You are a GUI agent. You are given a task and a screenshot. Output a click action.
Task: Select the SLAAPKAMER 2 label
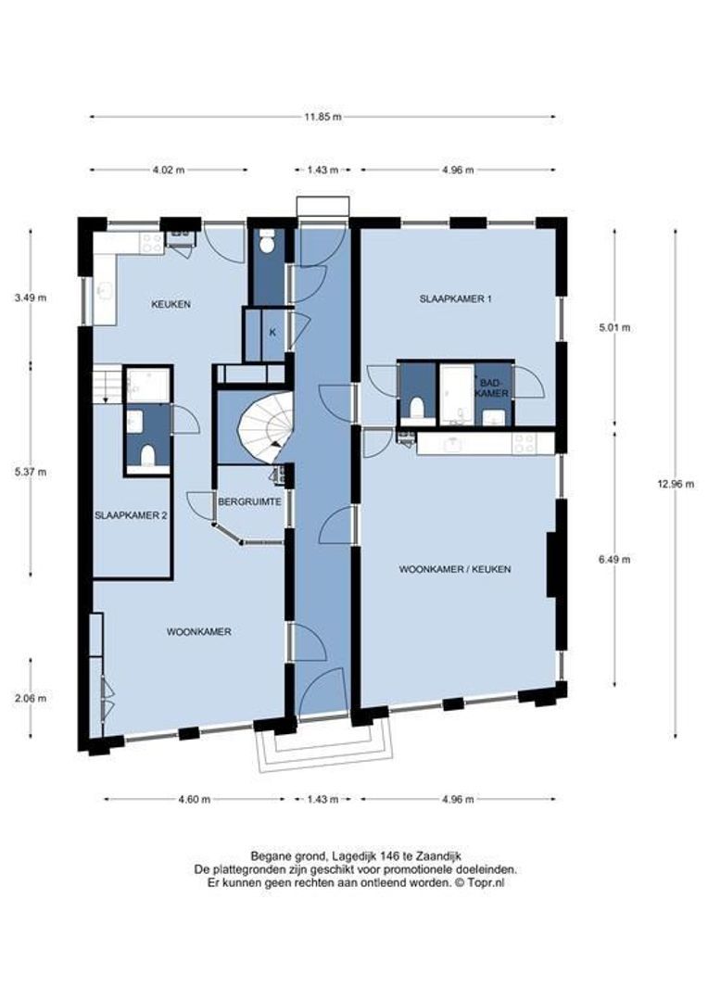click(x=131, y=516)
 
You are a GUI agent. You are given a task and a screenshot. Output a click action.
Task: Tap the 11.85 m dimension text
click(x=322, y=117)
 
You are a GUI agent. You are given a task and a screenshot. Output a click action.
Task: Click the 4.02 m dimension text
click(x=167, y=170)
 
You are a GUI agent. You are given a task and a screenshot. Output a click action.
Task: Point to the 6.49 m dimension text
click(x=613, y=559)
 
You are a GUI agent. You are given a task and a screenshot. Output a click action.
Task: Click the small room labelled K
click(x=272, y=332)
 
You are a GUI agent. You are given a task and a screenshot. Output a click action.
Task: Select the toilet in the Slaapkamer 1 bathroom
click(x=416, y=408)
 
